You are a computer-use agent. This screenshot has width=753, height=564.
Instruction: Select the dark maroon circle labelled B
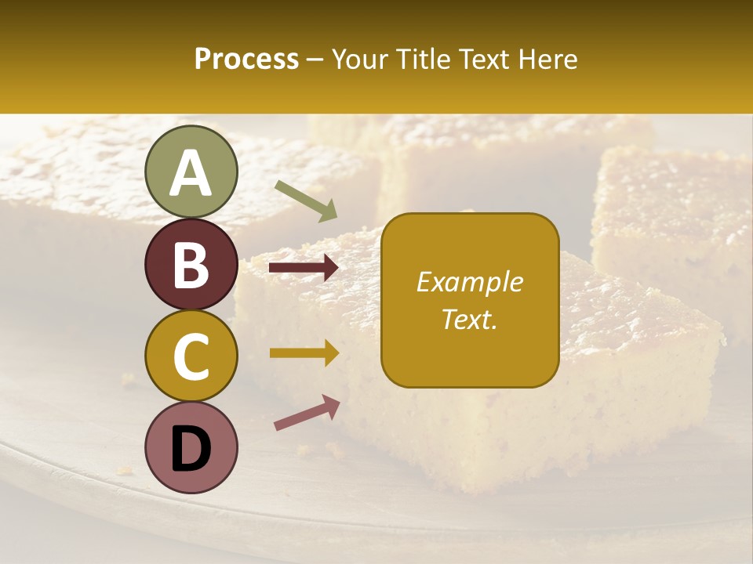(x=191, y=264)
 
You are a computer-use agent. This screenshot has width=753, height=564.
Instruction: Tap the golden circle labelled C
(x=191, y=356)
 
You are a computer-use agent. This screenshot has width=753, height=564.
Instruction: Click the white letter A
(x=191, y=174)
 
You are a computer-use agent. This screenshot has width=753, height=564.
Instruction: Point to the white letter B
(x=191, y=265)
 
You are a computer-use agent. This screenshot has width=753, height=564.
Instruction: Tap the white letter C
(x=191, y=356)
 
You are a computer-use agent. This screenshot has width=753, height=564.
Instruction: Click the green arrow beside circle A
(x=306, y=200)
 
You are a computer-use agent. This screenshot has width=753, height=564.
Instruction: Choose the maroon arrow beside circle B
(x=304, y=269)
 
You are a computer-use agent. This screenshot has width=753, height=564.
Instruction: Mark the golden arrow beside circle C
(x=304, y=353)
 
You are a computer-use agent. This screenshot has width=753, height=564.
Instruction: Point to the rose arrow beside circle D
(x=307, y=412)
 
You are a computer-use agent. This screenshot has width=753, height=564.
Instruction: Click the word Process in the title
(x=246, y=60)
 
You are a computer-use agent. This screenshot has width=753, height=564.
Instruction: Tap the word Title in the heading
(x=417, y=60)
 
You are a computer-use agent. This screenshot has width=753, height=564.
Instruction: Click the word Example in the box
(x=470, y=282)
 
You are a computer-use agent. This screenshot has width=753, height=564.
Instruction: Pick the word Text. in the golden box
(x=470, y=319)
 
